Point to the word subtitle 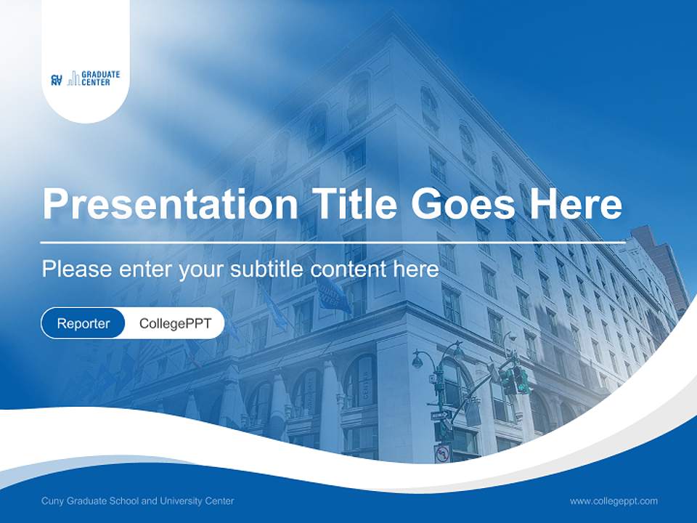268,269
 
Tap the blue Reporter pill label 83,323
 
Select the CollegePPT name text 175,323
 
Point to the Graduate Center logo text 101,78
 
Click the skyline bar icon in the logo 73,80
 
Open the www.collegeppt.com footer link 614,500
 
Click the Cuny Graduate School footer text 138,500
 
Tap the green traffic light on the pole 521,380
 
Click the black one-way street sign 440,415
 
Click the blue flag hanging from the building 333,294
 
